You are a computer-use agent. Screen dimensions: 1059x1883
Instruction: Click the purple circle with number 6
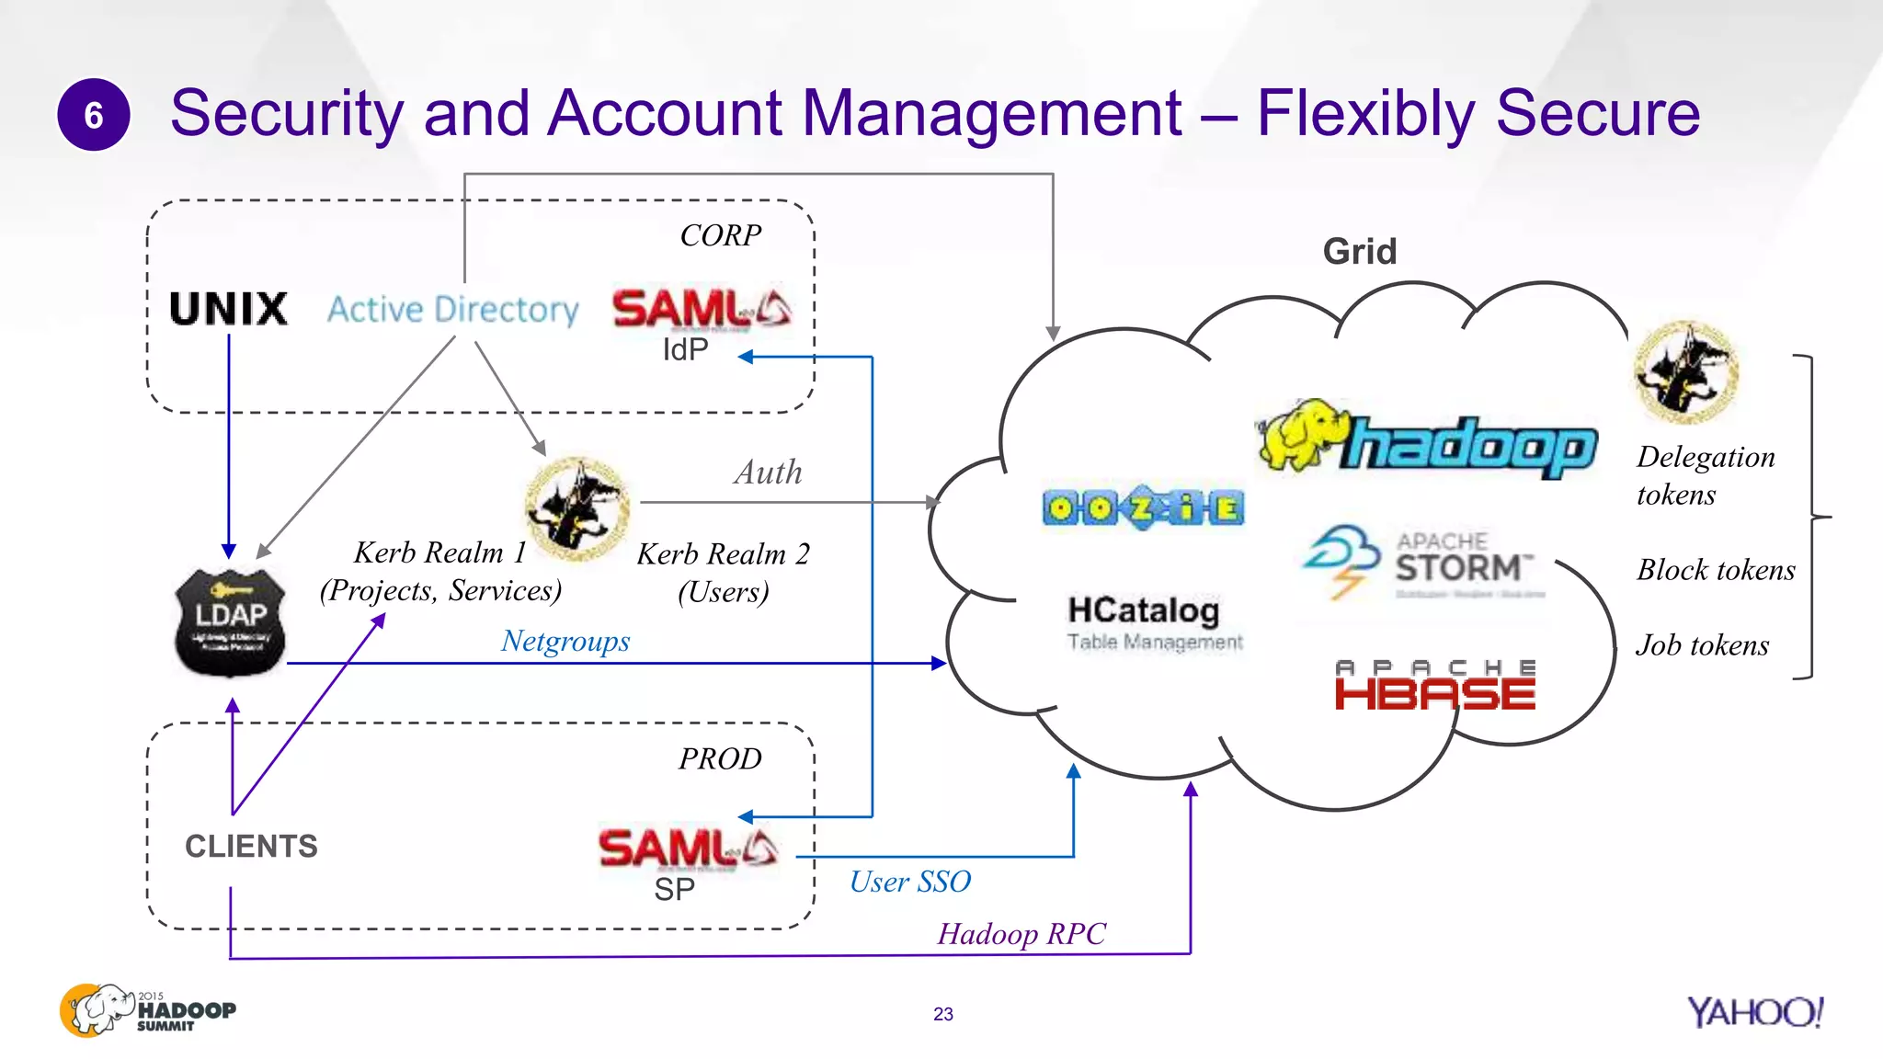(x=93, y=115)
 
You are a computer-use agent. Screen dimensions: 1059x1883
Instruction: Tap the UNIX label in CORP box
(x=229, y=309)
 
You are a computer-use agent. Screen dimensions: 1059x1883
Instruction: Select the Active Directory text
(x=453, y=310)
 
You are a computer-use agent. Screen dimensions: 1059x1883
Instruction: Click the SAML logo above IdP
(x=701, y=309)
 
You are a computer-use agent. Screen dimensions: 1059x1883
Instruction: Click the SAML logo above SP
(x=688, y=848)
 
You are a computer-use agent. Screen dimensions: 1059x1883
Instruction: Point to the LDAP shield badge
(x=230, y=622)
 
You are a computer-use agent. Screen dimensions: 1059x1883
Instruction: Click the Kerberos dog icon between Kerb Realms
(x=576, y=508)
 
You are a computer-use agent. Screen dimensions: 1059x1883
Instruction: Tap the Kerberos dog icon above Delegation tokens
(x=1685, y=371)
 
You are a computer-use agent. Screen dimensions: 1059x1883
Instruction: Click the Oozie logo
(x=1143, y=507)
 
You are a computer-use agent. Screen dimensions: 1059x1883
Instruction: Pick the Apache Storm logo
(x=1423, y=562)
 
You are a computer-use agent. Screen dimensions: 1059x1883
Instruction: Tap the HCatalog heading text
(x=1143, y=610)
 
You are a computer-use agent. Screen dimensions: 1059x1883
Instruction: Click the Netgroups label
(x=565, y=641)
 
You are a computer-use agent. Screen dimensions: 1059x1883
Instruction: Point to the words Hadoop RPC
(x=1021, y=934)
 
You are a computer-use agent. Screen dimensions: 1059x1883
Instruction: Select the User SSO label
(x=909, y=882)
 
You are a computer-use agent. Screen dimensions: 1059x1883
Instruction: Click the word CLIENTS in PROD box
(x=251, y=846)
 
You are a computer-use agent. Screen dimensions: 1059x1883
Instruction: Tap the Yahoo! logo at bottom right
(x=1754, y=1012)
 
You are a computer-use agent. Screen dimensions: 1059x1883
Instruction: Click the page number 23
(x=942, y=1014)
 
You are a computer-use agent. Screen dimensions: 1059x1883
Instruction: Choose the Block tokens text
(x=1716, y=570)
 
